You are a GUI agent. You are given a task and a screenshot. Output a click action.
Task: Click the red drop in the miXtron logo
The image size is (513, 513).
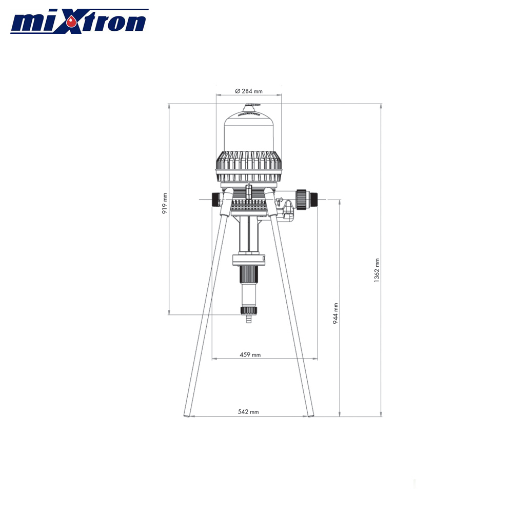pos(74,21)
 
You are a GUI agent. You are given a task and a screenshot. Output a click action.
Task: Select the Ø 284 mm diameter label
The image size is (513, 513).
pos(248,91)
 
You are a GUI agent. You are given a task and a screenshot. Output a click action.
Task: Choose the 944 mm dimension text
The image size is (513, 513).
pos(336,313)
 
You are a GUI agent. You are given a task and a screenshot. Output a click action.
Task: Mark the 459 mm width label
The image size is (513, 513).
pos(250,354)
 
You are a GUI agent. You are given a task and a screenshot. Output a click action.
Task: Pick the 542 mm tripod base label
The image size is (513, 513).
pos(248,411)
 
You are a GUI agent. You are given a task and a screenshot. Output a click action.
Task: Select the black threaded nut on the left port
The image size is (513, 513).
pos(214,200)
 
